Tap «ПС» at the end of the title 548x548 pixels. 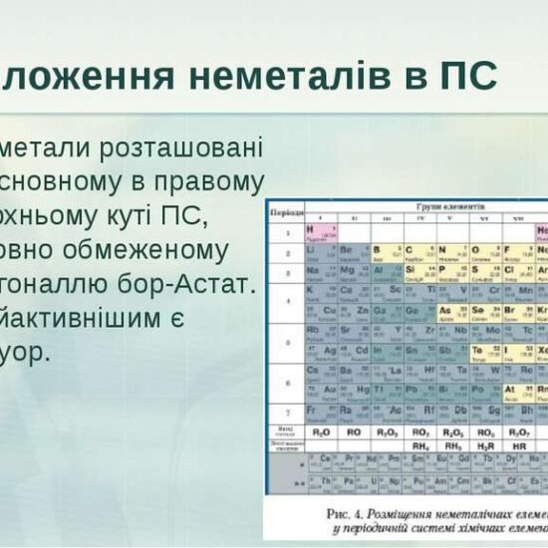coord(467,75)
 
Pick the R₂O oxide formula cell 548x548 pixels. coord(322,432)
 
